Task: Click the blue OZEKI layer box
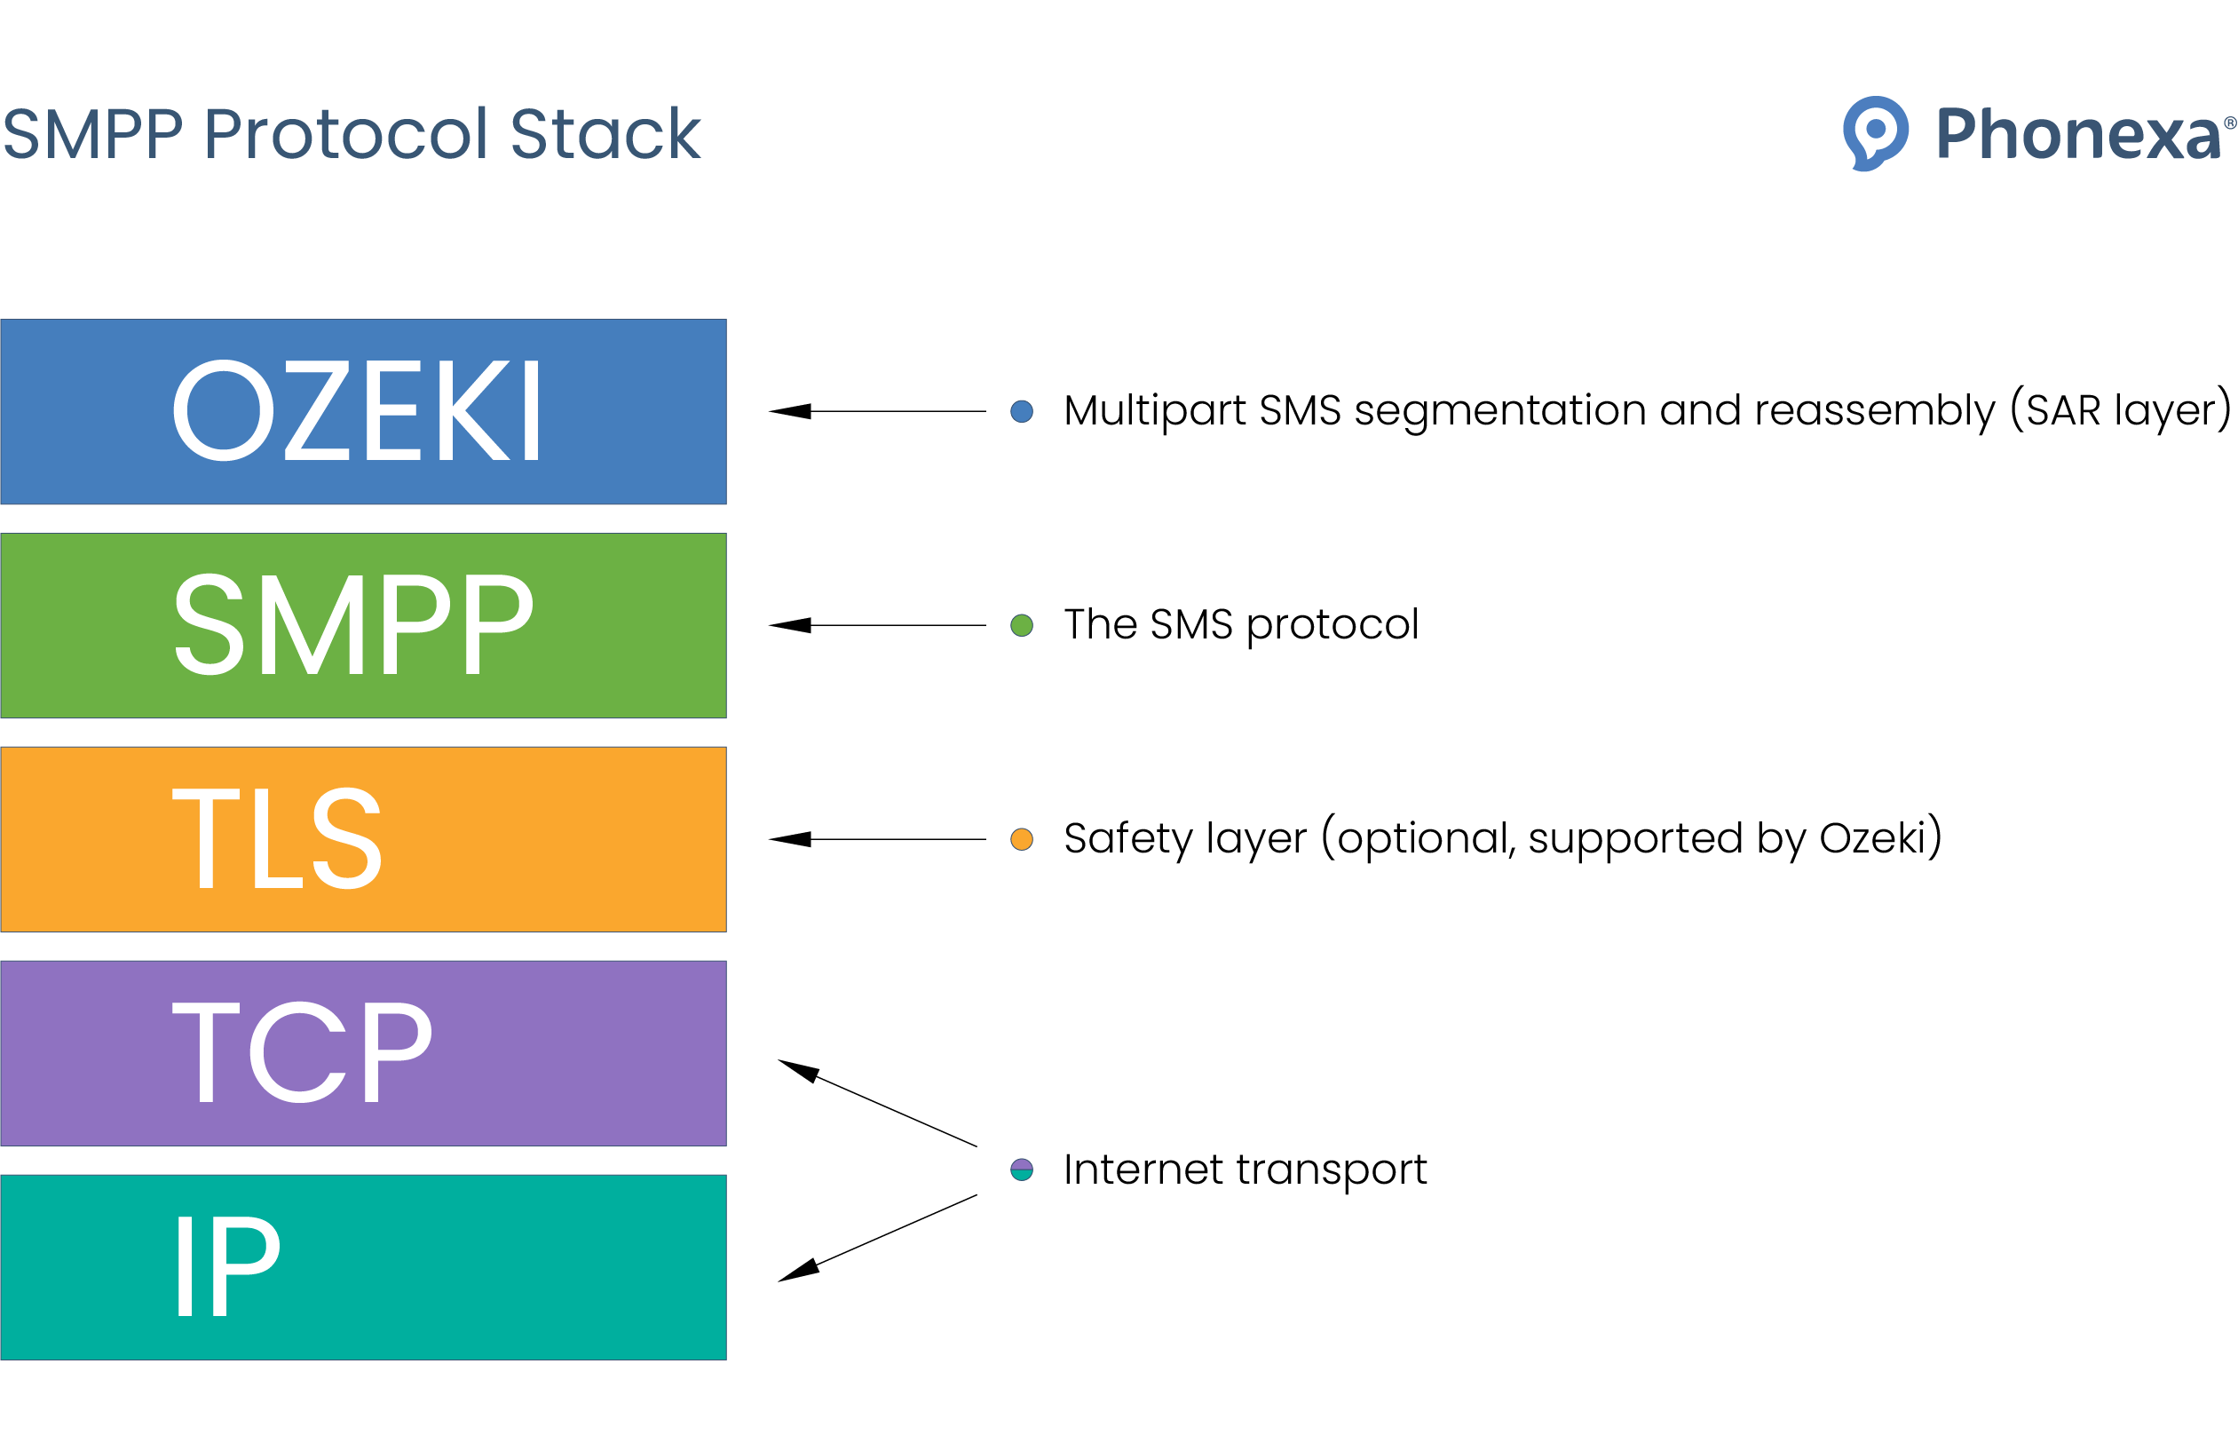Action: [x=363, y=411]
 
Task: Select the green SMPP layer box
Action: [x=363, y=625]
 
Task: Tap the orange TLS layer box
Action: [x=363, y=839]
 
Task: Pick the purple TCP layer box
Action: [x=363, y=1053]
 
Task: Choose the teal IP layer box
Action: [x=363, y=1266]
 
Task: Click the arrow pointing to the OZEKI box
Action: [x=876, y=411]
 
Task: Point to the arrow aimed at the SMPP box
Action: [x=876, y=625]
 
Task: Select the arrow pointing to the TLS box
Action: [x=876, y=839]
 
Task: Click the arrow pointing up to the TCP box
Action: [x=876, y=1102]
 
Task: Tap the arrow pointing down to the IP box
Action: [x=876, y=1239]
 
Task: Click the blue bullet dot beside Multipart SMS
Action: [x=1021, y=411]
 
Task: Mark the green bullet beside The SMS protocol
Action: [x=1021, y=625]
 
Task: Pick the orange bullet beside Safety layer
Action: [x=1021, y=839]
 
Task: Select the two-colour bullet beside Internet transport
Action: [x=1021, y=1170]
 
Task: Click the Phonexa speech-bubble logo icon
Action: [x=1875, y=132]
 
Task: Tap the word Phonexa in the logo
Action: [x=2078, y=134]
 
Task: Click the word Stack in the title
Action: [x=605, y=134]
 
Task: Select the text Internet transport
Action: [x=1245, y=1170]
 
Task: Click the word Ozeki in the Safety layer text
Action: [x=1872, y=838]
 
